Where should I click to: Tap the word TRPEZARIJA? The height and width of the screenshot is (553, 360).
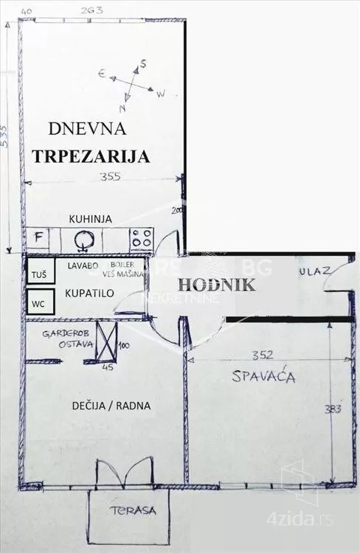91,156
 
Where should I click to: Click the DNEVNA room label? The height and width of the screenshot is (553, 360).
87,129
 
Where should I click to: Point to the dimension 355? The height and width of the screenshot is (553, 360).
109,176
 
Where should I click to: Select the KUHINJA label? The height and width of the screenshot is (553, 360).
90,219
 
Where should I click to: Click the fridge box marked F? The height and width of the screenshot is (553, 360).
37,238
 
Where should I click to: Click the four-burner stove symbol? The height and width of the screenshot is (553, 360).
142,237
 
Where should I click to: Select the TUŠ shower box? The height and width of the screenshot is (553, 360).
38,275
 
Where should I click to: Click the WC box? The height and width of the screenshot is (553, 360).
38,302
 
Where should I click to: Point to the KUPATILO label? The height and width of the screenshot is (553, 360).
89,293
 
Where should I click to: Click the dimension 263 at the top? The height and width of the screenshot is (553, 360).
91,10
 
